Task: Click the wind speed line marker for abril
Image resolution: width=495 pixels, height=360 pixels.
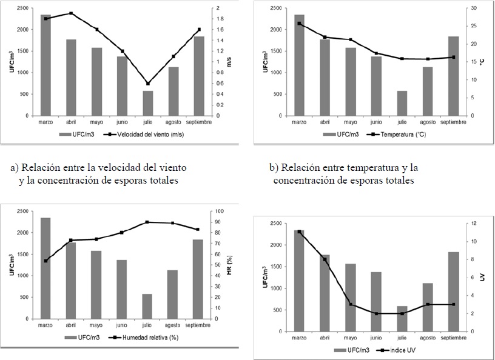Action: click(72, 13)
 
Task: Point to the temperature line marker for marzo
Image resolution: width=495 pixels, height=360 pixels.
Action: click(300, 24)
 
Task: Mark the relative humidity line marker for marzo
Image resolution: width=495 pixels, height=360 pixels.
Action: click(45, 261)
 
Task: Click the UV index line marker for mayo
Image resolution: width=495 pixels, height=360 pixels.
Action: click(351, 304)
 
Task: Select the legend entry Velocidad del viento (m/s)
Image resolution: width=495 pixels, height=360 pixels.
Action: click(143, 135)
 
